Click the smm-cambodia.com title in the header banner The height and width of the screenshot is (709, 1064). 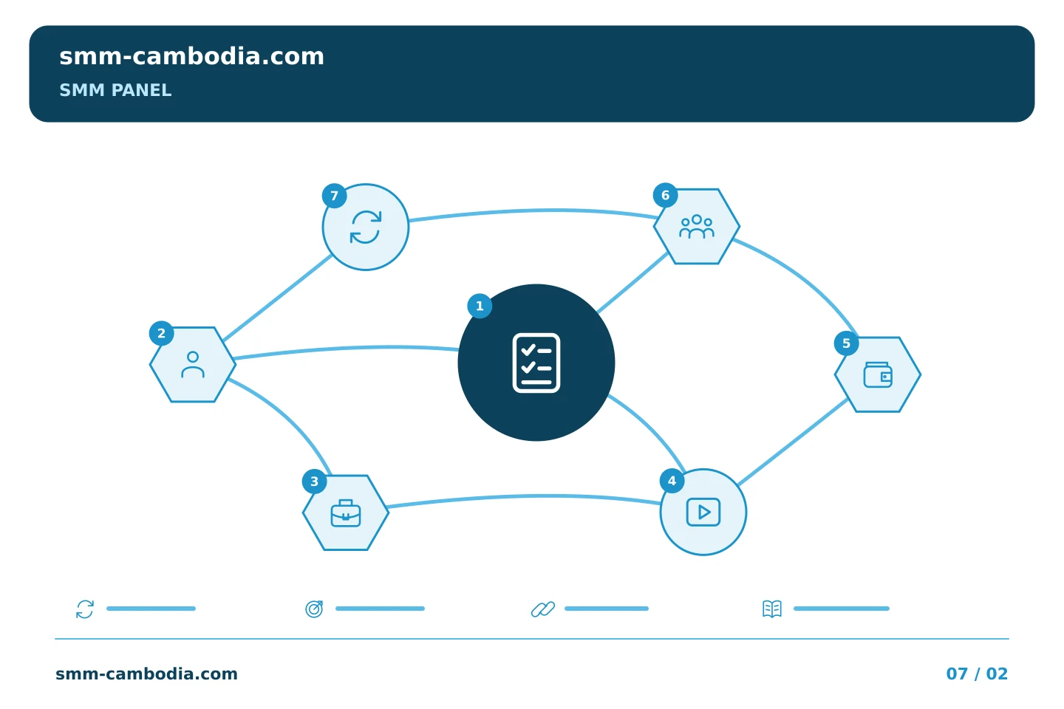tap(191, 57)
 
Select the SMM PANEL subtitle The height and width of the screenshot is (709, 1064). tap(115, 90)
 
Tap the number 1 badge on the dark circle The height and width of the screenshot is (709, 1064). tap(480, 306)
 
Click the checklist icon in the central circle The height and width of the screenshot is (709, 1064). tap(536, 363)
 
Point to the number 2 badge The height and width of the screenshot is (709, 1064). tap(162, 333)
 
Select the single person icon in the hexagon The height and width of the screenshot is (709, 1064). tap(193, 365)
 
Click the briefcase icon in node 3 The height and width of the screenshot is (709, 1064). tap(346, 513)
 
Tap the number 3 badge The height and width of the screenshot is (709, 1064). tap(315, 482)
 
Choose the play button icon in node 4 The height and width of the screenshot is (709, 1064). tap(703, 512)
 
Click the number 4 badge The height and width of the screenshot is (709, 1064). tap(672, 481)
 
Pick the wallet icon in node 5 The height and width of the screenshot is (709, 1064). tap(878, 374)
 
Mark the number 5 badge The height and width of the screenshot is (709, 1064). tap(847, 343)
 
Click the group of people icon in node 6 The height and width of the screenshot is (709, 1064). tap(697, 227)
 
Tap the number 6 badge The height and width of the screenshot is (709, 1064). tap(666, 195)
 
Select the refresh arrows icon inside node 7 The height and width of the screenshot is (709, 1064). tap(366, 227)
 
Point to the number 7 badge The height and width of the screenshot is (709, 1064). tap(335, 196)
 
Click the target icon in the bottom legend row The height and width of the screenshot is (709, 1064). tap(315, 609)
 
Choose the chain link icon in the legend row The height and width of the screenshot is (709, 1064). tap(543, 609)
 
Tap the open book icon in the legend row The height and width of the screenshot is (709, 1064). tap(772, 609)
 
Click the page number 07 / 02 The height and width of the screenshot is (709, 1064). tap(977, 674)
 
